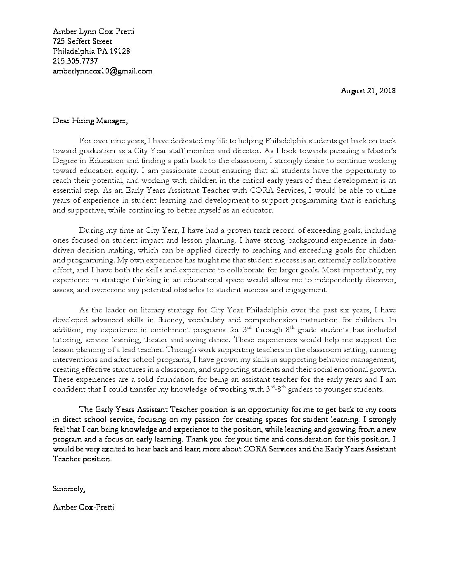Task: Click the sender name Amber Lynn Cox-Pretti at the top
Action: [93, 31]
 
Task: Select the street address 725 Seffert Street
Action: [82, 41]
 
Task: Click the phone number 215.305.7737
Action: [76, 61]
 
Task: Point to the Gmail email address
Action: [102, 71]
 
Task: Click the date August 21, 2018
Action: [368, 91]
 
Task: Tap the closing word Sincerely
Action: [69, 489]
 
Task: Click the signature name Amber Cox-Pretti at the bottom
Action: [83, 507]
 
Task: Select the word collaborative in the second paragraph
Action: [375, 260]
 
